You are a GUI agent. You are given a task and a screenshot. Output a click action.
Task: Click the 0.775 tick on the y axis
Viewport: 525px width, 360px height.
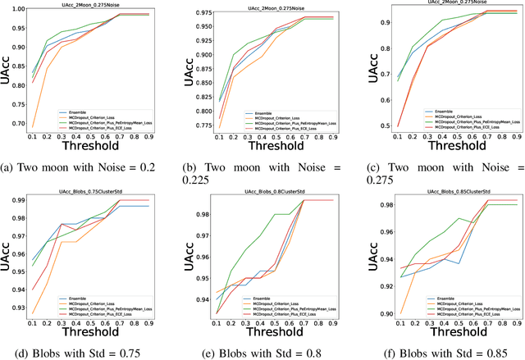point(200,127)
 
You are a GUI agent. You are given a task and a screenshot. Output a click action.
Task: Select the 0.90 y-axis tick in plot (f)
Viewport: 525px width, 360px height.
point(374,313)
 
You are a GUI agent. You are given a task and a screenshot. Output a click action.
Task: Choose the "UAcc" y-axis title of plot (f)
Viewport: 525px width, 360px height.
point(359,257)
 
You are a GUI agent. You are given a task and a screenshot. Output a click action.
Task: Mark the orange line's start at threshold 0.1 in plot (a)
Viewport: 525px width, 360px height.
point(34,126)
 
